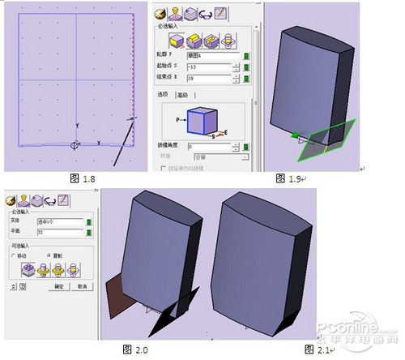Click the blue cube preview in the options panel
click(x=201, y=120)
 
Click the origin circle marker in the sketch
click(x=75, y=145)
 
